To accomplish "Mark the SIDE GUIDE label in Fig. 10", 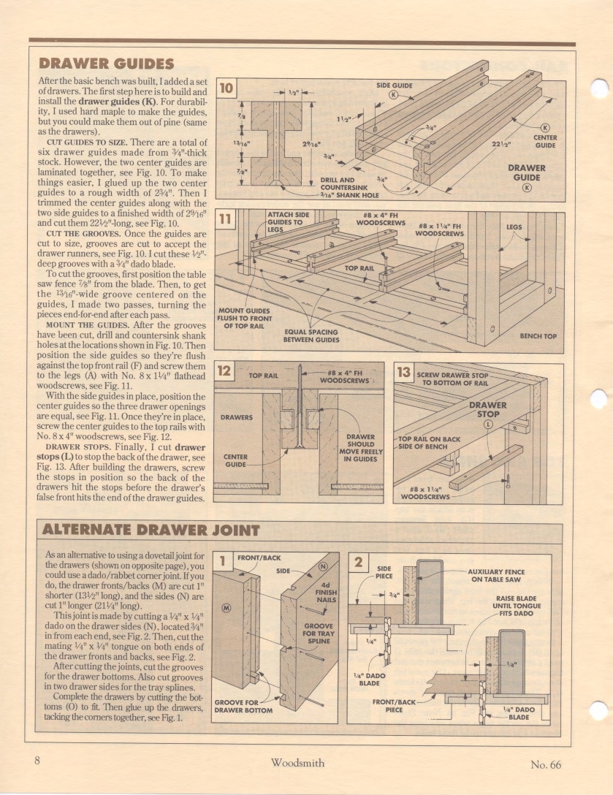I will (x=394, y=85).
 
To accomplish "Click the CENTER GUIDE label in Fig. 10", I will (x=545, y=141).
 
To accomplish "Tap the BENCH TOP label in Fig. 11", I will (x=538, y=336).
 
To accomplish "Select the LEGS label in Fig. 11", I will (x=514, y=227).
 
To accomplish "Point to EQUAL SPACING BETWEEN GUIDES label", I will (x=311, y=335).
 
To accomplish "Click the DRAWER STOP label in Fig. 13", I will (x=487, y=408).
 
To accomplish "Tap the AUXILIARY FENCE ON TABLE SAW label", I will (x=498, y=575).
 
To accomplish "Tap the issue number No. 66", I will (x=546, y=764).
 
